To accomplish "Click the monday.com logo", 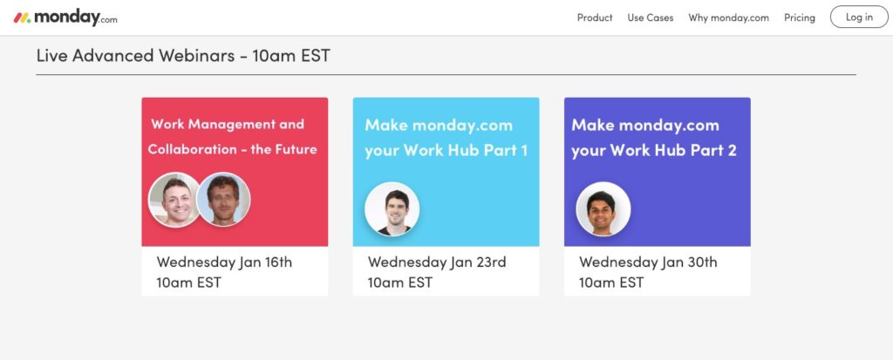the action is coord(65,17).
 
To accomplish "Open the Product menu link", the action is coord(595,17).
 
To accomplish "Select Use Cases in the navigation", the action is coord(651,17).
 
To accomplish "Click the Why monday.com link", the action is coord(728,17).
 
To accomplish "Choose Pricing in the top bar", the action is coord(800,17).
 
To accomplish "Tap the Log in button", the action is coord(859,17).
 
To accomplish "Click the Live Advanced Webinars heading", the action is coord(183,56).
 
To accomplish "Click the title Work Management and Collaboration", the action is coord(232,137).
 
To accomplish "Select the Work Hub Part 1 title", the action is coord(446,137).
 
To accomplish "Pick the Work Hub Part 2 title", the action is coord(654,137).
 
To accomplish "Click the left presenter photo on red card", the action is coord(174,200).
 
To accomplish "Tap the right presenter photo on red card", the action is coord(223,200).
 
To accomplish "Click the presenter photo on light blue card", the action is coord(392,209).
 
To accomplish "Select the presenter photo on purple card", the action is coord(603,209).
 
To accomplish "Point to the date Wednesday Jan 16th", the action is coord(224,262).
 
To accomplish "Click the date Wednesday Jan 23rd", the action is coord(437,262).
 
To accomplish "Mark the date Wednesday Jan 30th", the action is coord(648,262).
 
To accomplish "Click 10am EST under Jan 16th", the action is coord(188,282).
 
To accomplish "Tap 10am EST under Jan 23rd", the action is coord(399,282).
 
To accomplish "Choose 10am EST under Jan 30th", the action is coord(611,282).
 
